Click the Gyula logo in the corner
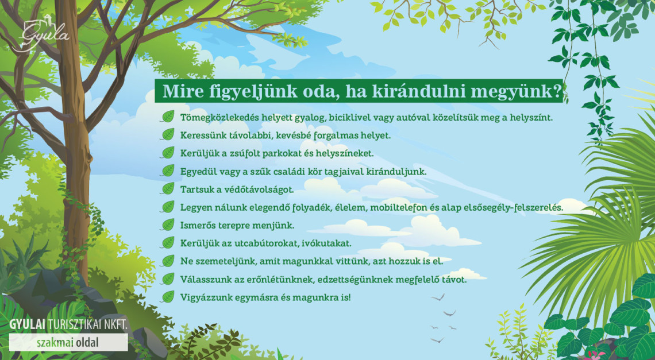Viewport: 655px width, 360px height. click(x=44, y=35)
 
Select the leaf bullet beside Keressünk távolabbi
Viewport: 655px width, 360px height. click(x=168, y=136)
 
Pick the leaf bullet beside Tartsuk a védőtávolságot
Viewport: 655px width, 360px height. click(x=168, y=189)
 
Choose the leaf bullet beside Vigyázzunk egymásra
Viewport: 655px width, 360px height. click(x=168, y=297)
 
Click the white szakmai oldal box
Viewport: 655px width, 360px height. click(x=68, y=342)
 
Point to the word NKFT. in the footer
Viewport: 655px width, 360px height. click(x=116, y=325)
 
